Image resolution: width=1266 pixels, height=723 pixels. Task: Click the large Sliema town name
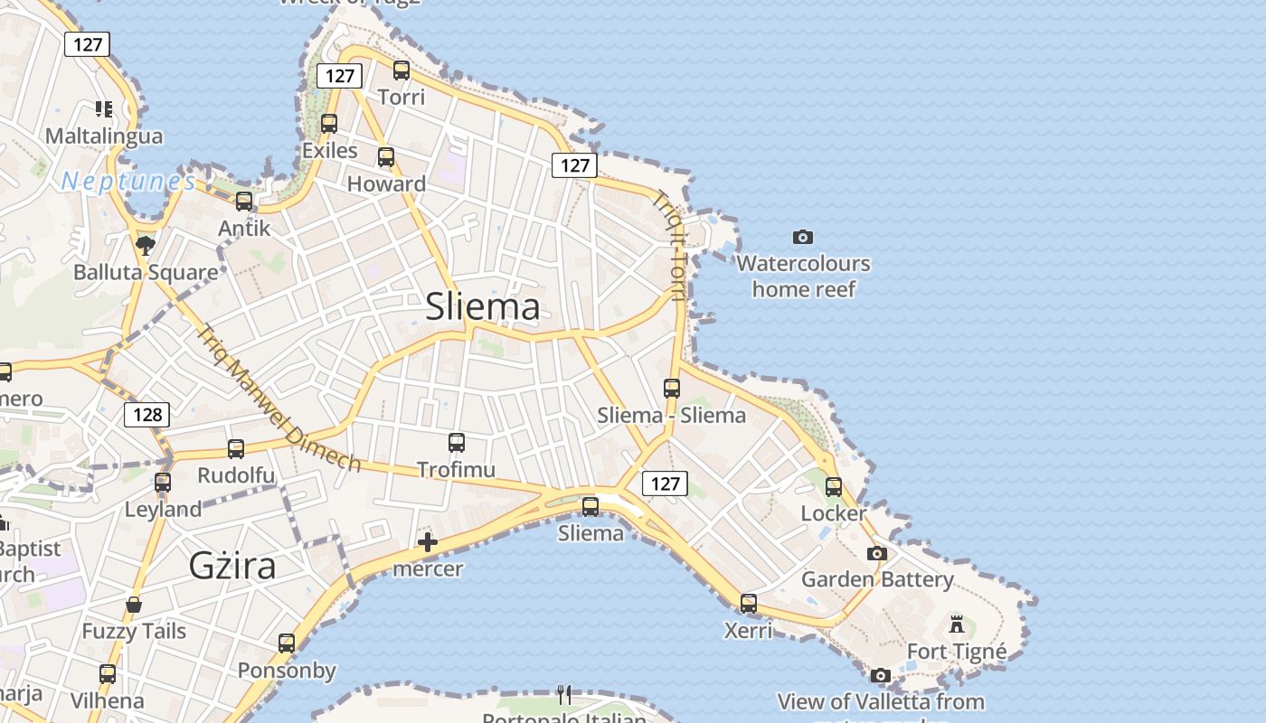(483, 306)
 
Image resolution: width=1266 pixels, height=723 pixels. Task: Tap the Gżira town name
(232, 565)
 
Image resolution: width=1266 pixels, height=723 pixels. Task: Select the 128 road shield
(146, 415)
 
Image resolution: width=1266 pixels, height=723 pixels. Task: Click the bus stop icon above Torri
(402, 70)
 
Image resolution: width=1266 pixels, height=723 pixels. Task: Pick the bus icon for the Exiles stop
(329, 124)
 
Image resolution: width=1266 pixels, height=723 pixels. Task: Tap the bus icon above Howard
(386, 157)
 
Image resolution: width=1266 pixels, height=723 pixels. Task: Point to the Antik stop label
(244, 228)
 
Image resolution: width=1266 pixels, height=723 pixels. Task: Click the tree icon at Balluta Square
(145, 245)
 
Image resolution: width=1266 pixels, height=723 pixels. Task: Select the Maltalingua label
(104, 136)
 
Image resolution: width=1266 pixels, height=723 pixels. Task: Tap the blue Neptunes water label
(128, 182)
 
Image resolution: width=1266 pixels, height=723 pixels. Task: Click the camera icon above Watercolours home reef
(802, 238)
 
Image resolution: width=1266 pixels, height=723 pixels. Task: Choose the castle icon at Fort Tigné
(957, 624)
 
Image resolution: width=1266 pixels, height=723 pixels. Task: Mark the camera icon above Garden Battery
(876, 553)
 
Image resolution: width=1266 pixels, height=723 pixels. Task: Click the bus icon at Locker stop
(834, 487)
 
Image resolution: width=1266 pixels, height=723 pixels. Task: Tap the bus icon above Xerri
(749, 603)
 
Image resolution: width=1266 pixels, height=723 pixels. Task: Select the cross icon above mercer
(428, 542)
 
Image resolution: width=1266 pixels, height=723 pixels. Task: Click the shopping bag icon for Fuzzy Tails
(134, 604)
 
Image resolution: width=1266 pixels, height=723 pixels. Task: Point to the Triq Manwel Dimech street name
(279, 399)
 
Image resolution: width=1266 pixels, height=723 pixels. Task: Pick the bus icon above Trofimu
(457, 443)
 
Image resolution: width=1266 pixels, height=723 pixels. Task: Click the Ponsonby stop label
(287, 671)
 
